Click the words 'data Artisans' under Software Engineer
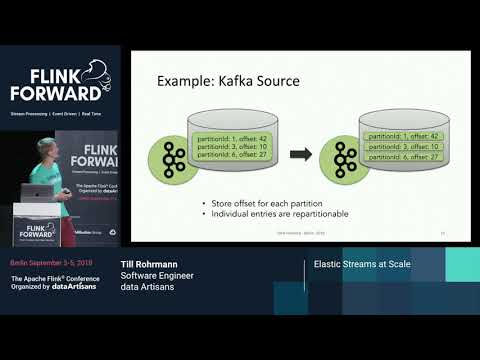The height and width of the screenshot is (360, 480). [x=143, y=286]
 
